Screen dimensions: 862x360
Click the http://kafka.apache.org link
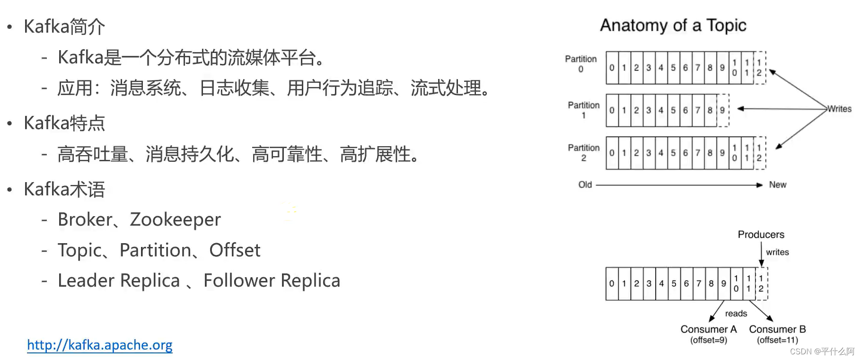pos(99,345)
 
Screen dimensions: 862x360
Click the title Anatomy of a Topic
pos(673,25)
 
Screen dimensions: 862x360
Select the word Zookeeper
pos(175,220)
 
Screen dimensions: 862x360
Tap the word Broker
pos(85,220)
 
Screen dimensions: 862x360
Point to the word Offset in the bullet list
pos(235,250)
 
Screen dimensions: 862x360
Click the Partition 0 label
pos(581,64)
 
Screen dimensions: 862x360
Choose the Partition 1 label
pos(583,110)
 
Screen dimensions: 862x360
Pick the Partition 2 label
pos(583,152)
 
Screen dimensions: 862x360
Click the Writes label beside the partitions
pos(839,109)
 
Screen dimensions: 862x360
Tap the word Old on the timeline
pos(585,184)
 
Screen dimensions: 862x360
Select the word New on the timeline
pos(777,184)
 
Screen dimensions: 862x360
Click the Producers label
pos(761,235)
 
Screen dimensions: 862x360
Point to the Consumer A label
pos(708,329)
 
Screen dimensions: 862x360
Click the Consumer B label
pos(777,329)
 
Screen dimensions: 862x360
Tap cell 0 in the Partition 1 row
pos(612,110)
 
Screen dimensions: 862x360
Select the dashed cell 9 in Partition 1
pos(722,110)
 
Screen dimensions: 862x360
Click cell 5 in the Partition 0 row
pos(673,68)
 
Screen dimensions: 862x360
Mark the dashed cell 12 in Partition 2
pos(759,153)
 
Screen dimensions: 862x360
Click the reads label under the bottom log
pos(736,313)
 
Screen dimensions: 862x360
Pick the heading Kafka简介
pos(64,26)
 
